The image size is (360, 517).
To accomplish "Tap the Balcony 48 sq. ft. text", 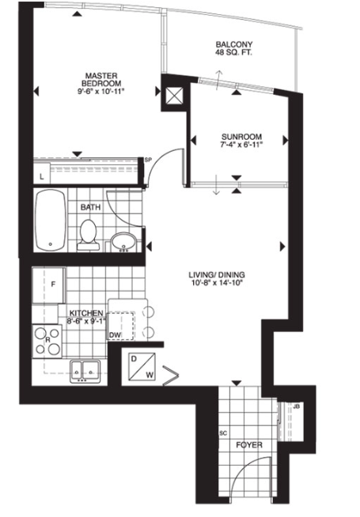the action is pyautogui.click(x=234, y=48).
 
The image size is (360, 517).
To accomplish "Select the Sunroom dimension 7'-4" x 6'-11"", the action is pyautogui.click(x=241, y=144).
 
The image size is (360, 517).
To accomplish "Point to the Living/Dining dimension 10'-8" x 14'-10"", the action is pyautogui.click(x=217, y=282).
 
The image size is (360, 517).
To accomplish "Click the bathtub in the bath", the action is pyautogui.click(x=51, y=220).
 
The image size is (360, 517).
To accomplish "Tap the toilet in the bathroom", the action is pyautogui.click(x=88, y=235).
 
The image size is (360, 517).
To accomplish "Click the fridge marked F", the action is pyautogui.click(x=48, y=285).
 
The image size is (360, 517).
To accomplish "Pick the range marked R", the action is pyautogui.click(x=47, y=341).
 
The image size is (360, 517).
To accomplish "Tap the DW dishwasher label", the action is pyautogui.click(x=115, y=335).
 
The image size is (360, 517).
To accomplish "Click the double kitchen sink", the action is pyautogui.click(x=85, y=372).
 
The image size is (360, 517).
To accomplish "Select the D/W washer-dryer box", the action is pyautogui.click(x=142, y=366).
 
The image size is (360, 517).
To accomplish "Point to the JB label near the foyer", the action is pyautogui.click(x=296, y=406).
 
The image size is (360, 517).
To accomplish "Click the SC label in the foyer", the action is pyautogui.click(x=223, y=433).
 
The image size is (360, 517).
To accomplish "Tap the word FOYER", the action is pyautogui.click(x=249, y=445).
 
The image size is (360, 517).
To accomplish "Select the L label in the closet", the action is pyautogui.click(x=42, y=177).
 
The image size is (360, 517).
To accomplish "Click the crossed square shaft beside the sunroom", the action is pyautogui.click(x=175, y=96).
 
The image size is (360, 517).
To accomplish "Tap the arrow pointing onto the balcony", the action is pyautogui.click(x=218, y=80).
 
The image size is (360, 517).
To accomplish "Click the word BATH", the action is pyautogui.click(x=90, y=207).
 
